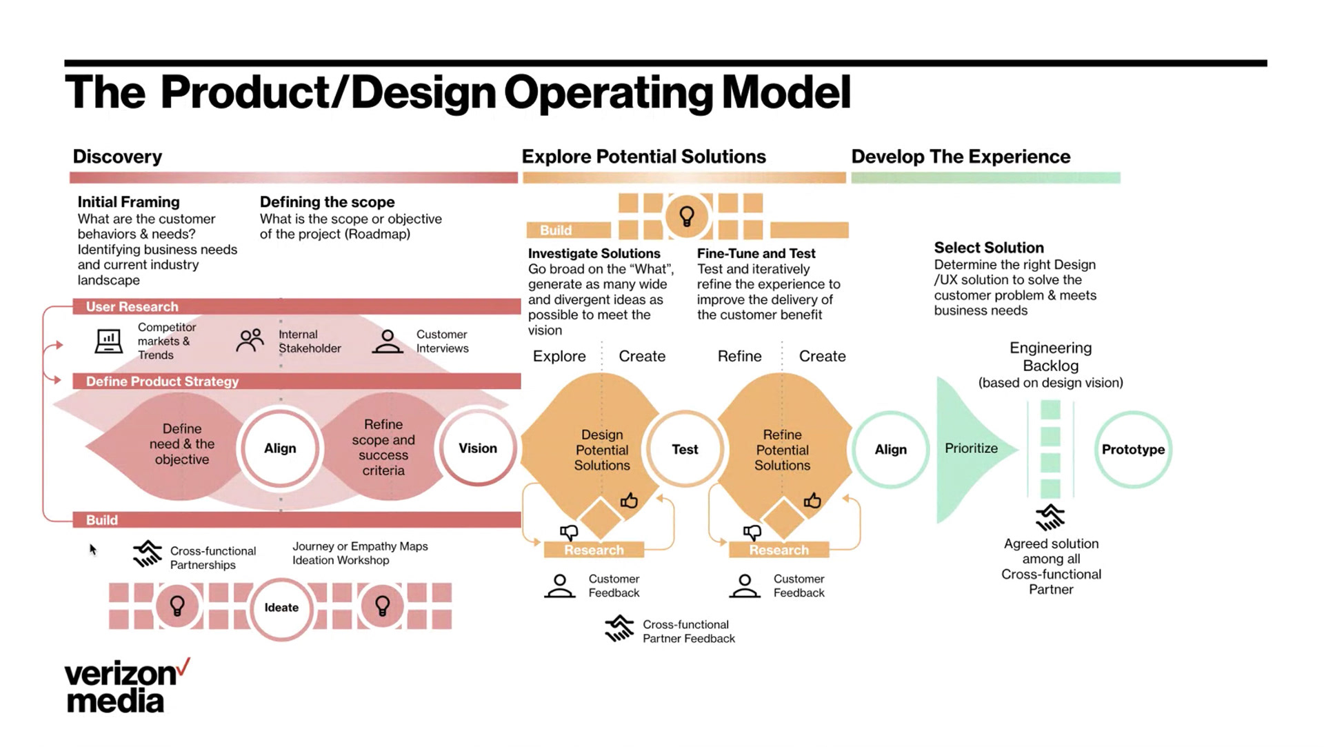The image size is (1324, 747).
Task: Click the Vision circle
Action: point(477,448)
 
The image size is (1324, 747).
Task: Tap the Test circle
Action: point(685,450)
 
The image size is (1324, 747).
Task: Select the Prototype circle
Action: point(1133,450)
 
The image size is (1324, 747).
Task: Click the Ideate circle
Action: point(281,608)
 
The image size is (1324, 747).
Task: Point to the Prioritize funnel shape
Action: point(971,448)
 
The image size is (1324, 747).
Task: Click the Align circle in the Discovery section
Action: point(280,448)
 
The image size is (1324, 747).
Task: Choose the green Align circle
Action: point(890,450)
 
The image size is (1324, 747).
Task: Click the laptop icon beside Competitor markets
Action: point(108,341)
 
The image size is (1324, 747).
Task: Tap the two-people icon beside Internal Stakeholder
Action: point(250,340)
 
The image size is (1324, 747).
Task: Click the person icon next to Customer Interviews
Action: point(388,341)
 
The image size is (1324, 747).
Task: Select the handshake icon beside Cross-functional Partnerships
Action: point(147,554)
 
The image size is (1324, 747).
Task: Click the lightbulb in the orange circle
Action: point(687,216)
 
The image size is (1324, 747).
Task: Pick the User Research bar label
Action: point(132,307)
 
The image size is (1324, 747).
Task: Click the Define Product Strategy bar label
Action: point(162,381)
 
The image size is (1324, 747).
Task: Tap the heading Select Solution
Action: point(989,248)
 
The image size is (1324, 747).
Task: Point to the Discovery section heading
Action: point(117,157)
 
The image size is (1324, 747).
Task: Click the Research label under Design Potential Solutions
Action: point(594,550)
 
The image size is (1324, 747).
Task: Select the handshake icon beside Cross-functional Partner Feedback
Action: point(619,628)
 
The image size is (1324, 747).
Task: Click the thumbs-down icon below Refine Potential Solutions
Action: point(752,532)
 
